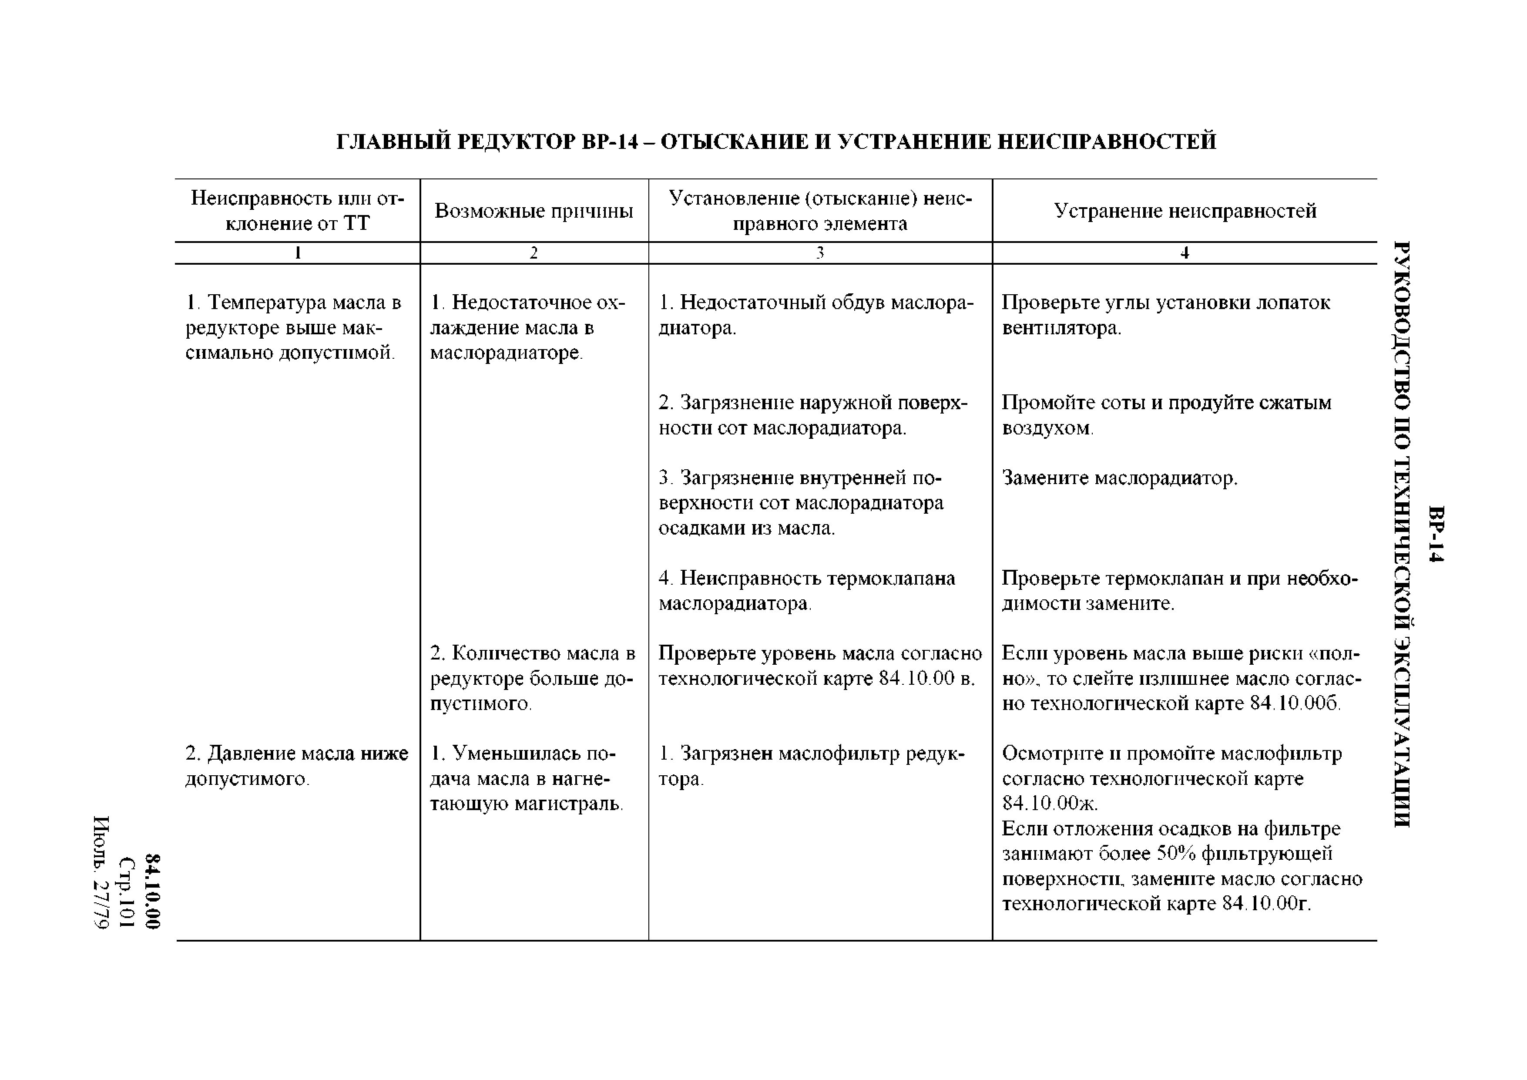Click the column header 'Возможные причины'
click(534, 211)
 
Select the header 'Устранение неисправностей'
click(1185, 211)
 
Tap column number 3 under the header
click(820, 253)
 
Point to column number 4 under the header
click(1185, 253)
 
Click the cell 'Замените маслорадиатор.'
click(1119, 478)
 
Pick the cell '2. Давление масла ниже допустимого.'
click(297, 765)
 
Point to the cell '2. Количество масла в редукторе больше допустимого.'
click(532, 678)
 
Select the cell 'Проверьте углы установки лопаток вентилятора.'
click(1165, 315)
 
